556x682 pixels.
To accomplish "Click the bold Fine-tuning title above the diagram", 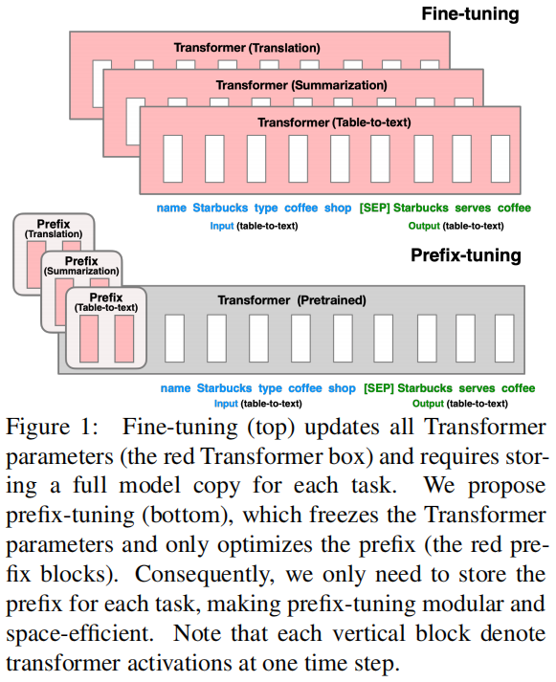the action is [470, 14].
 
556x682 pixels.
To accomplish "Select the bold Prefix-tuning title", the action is [466, 255].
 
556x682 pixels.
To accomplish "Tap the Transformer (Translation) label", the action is [247, 48].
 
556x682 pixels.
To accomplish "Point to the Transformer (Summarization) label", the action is [301, 85].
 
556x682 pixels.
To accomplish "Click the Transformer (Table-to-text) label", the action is [334, 122].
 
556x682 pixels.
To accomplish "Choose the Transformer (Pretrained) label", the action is [292, 300].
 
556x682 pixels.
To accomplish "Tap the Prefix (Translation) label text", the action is [54, 229].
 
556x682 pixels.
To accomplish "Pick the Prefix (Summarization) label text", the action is [81, 266].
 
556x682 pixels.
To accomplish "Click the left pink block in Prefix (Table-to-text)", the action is [89, 339].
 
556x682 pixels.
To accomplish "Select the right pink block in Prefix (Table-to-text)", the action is [124, 339].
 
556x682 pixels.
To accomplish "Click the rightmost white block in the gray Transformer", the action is [504, 339].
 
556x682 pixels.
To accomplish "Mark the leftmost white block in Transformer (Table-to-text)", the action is [172, 159].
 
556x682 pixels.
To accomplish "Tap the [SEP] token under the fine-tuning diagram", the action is [374, 208].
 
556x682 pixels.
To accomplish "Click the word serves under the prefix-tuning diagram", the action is [477, 388].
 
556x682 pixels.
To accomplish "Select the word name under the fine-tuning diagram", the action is [171, 208].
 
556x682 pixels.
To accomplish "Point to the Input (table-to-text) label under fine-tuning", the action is [254, 226].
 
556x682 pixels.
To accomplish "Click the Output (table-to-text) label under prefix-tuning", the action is [460, 404].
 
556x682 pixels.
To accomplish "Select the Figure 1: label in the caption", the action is [53, 427].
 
